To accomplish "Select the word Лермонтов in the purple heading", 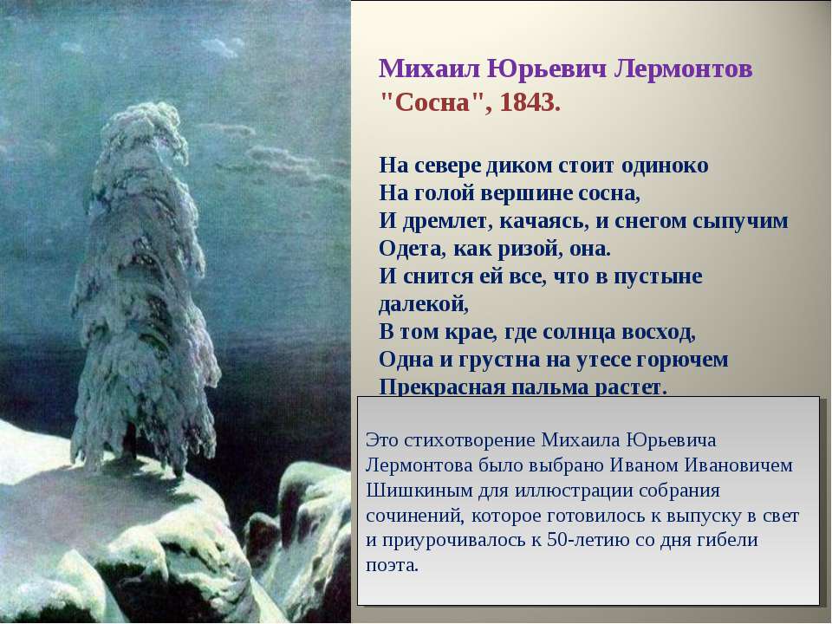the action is [683, 69].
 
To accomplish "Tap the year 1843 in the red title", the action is [526, 102].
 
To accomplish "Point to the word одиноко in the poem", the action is [665, 166].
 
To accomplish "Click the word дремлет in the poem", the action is [441, 221].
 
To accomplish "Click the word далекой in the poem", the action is [423, 304].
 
